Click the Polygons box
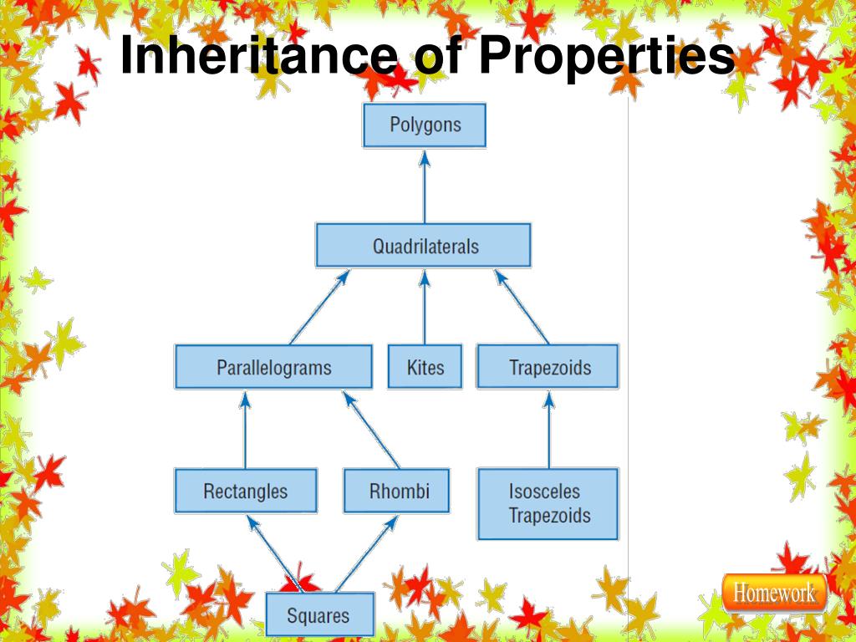[x=424, y=125]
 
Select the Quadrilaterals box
[x=424, y=246]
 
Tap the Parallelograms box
[x=273, y=367]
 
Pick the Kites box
[x=425, y=367]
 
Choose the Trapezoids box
[x=548, y=367]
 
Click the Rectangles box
[x=246, y=491]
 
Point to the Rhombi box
[x=396, y=491]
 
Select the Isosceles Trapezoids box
[x=548, y=503]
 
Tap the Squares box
[x=318, y=615]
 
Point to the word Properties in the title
[x=607, y=57]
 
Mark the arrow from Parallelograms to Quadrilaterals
[x=318, y=307]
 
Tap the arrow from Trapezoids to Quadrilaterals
[x=522, y=307]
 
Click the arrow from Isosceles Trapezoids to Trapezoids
[x=548, y=430]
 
